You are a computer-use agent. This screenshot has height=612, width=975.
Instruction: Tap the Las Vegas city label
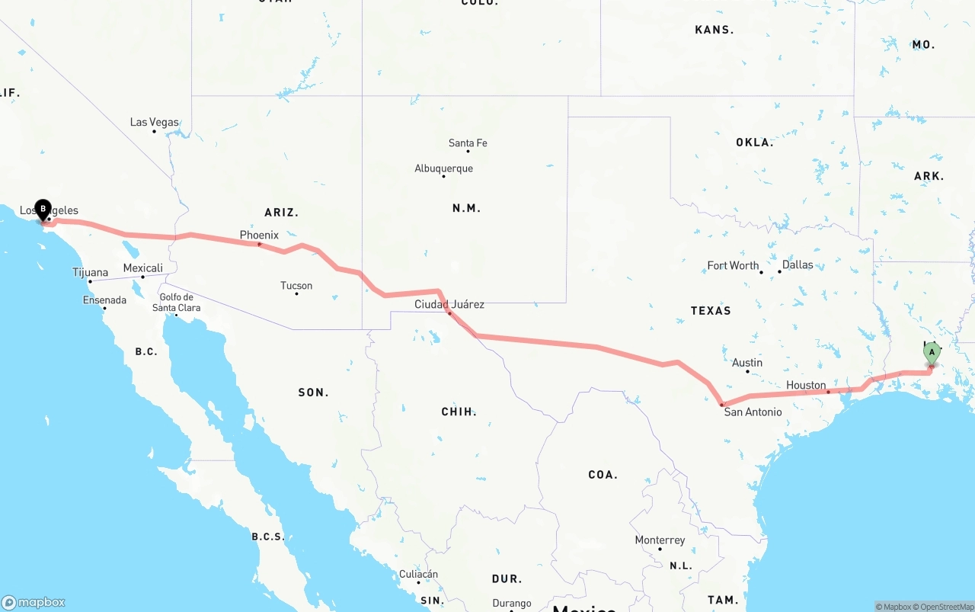point(154,122)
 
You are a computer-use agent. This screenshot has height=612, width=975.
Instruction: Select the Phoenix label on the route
point(259,236)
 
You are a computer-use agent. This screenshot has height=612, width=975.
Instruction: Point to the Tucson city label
point(296,286)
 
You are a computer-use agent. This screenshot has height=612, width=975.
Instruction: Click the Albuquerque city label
point(443,168)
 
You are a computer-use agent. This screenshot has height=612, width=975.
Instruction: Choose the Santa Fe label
point(468,143)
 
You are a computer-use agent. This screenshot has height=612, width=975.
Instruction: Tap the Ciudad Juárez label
point(449,304)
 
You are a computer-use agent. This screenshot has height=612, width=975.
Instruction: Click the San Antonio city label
point(753,412)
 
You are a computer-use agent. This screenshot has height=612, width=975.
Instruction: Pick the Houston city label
point(806,386)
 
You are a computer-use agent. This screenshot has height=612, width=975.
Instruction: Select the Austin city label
point(747,363)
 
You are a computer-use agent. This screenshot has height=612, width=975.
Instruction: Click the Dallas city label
point(798,265)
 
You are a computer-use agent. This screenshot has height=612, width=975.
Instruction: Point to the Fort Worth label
point(733,266)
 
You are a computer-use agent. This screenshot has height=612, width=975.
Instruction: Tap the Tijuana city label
point(90,272)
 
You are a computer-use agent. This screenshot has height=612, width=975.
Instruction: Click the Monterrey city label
point(660,540)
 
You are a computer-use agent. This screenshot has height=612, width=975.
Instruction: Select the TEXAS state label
point(711,311)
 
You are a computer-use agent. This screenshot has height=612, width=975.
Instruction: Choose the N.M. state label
point(466,208)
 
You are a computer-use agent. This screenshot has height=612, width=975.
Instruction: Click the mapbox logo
point(34,602)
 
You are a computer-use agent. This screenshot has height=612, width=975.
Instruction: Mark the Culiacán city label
point(418,574)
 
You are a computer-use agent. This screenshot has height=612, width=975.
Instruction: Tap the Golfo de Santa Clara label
point(176,303)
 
